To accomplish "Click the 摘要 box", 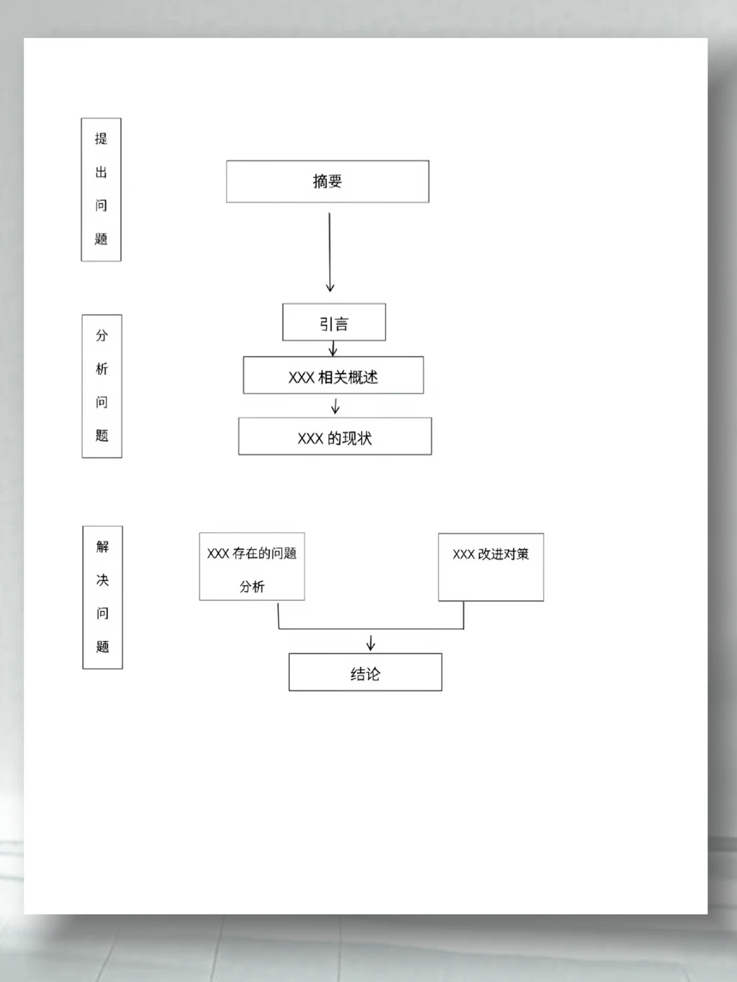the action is [x=328, y=181].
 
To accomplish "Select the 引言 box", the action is [x=334, y=322].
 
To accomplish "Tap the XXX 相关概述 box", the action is [x=334, y=375].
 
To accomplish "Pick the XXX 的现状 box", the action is [x=335, y=436].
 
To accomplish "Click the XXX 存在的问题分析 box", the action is [x=252, y=567].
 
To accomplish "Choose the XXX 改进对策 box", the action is [x=491, y=567].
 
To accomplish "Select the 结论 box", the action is [x=365, y=672].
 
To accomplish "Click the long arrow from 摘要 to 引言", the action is [x=330, y=252].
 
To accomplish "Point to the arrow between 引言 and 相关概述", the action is [x=332, y=348].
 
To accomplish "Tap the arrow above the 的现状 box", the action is [x=335, y=406].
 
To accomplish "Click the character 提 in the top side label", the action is [x=101, y=138].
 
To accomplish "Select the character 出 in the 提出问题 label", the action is [x=101, y=172].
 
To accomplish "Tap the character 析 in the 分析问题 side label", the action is [x=102, y=369].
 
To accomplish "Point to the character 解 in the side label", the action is [x=102, y=546].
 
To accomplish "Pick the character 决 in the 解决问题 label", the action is [x=102, y=580].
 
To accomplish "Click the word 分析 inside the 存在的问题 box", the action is [x=252, y=586].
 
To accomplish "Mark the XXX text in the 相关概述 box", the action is [x=301, y=378].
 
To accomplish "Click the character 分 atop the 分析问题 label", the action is [x=102, y=335].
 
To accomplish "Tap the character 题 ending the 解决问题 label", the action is [x=102, y=646].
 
